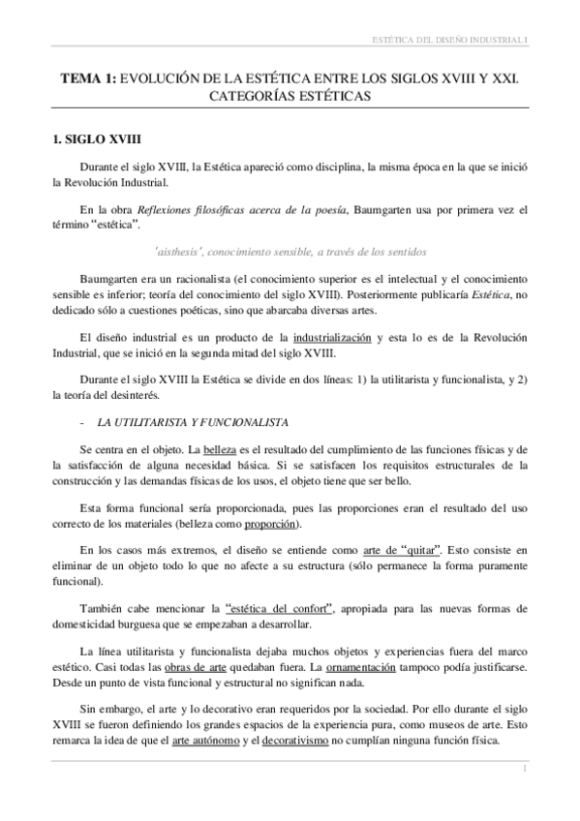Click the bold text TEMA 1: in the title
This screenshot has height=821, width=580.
pyautogui.click(x=87, y=80)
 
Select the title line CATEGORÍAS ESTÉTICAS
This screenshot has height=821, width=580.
pyautogui.click(x=290, y=98)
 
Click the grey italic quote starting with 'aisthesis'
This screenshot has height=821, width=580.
pyautogui.click(x=290, y=252)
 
